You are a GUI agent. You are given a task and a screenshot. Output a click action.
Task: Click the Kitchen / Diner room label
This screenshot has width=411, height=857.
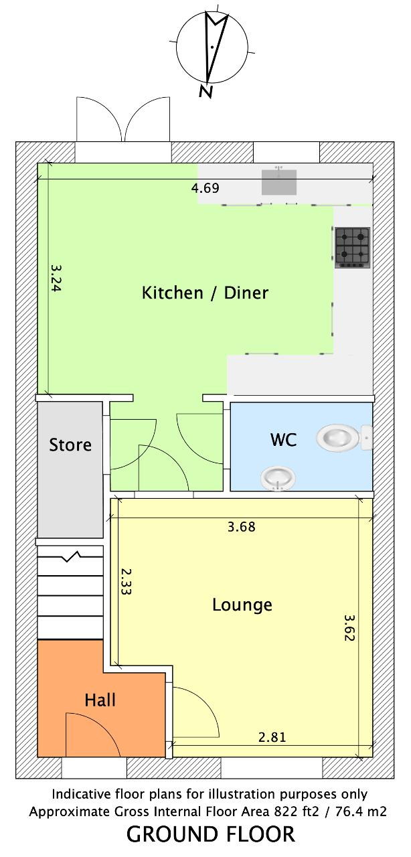point(205,293)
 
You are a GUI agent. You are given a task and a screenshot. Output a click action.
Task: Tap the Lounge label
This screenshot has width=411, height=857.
point(242,605)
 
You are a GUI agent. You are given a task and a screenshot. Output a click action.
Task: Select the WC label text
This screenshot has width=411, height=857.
point(283,440)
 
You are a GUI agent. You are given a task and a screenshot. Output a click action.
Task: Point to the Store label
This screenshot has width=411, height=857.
point(70,445)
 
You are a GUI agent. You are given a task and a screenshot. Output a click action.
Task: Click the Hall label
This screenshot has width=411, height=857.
point(100,700)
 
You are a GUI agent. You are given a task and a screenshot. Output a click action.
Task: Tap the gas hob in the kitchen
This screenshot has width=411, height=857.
point(353,248)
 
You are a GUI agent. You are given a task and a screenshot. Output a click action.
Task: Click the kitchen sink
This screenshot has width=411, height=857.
point(279,181)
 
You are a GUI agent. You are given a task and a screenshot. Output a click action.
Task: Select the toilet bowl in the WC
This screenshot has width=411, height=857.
point(343,438)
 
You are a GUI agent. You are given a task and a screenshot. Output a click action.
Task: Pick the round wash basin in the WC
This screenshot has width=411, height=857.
point(278,478)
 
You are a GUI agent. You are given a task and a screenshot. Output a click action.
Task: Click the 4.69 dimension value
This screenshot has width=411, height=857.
point(205,188)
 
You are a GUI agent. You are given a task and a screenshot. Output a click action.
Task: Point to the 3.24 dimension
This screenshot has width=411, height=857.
point(56,278)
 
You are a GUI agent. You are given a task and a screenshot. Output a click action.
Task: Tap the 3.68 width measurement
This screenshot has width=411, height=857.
point(241,527)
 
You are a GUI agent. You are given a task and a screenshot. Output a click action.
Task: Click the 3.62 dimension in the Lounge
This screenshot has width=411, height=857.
point(349,627)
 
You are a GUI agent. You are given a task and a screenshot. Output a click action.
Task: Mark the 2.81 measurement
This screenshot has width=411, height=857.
point(272,737)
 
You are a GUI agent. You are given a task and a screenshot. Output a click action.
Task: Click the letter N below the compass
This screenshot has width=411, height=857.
point(206,91)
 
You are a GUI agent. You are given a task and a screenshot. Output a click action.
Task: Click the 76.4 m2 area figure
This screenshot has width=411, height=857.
point(361,811)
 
